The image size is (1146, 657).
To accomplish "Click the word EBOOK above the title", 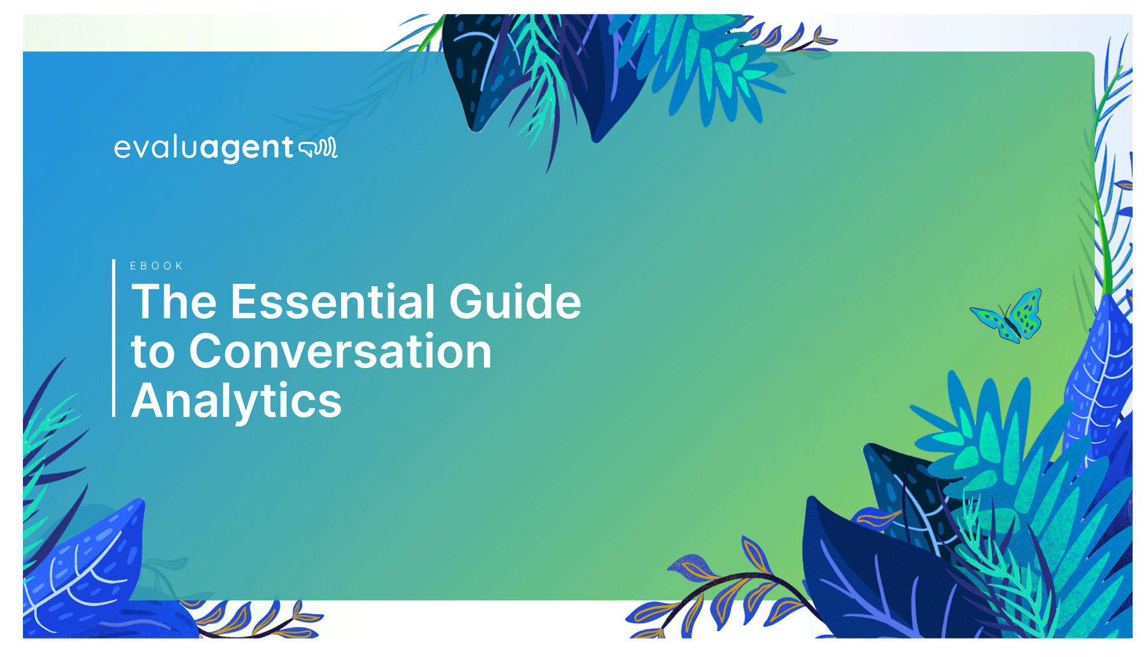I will tap(157, 266).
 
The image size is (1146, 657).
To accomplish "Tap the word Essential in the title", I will tap(332, 302).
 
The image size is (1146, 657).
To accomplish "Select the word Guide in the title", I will tap(515, 302).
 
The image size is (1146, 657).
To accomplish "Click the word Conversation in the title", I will tap(340, 351).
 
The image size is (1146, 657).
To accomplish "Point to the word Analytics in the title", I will tap(236, 401).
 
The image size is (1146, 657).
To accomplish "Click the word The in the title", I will tap(173, 302).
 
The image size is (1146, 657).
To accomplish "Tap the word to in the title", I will tap(152, 353).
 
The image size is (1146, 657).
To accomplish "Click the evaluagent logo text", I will tap(204, 148).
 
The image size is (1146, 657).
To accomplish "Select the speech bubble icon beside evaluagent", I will tap(318, 148).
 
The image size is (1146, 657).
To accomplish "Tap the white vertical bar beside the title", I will tap(114, 337).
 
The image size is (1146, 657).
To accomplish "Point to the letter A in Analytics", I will tap(148, 401).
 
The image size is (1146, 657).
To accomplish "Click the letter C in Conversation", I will tap(208, 351).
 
